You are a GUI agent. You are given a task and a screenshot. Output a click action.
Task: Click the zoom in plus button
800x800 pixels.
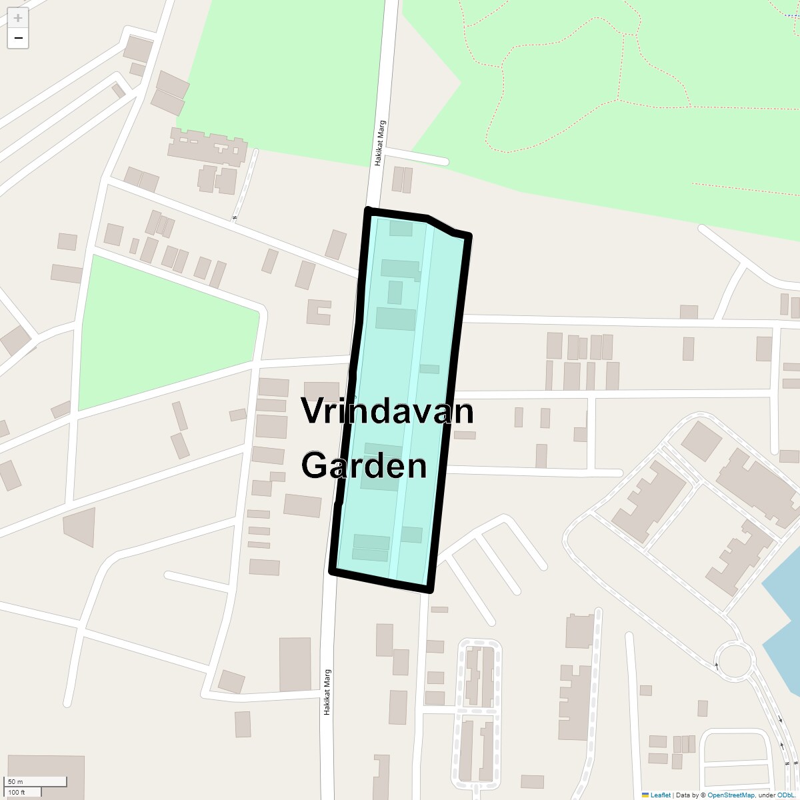tap(18, 18)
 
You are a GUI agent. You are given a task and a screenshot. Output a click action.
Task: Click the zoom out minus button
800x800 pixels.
tap(18, 39)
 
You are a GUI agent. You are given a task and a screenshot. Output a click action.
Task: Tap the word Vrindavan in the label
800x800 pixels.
tap(387, 411)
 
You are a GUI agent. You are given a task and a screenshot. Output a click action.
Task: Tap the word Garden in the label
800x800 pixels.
tap(364, 465)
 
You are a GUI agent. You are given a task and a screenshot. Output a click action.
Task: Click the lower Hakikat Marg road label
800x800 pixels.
tap(327, 692)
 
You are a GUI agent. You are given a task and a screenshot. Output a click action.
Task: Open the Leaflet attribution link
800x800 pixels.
tap(661, 795)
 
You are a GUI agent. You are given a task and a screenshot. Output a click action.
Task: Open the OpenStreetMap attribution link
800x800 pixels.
tap(731, 795)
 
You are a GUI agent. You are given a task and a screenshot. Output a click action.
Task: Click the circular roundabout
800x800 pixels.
tap(734, 660)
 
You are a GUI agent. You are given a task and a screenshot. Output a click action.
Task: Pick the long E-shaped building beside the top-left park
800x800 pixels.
tap(207, 145)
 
